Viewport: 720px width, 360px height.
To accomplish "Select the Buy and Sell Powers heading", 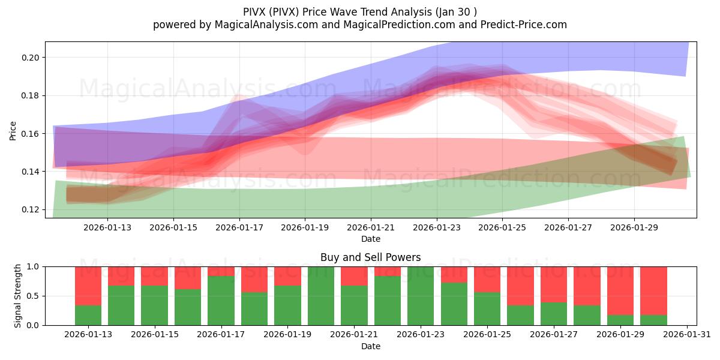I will tap(370, 257).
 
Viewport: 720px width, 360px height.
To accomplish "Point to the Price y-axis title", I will tap(13, 130).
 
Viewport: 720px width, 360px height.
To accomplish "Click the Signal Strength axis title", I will tap(18, 296).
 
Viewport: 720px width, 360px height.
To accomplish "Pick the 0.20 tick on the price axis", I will tap(30, 58).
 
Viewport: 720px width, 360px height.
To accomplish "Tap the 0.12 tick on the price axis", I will tap(30, 209).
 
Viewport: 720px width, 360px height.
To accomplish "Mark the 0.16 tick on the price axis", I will tap(30, 134).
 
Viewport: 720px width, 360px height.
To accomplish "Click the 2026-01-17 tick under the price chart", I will tap(239, 227).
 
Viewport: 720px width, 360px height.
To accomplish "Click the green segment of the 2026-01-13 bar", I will tap(88, 315).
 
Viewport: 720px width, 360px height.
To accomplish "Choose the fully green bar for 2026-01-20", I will tap(320, 296).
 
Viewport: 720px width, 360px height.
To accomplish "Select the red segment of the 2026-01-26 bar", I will tap(520, 286).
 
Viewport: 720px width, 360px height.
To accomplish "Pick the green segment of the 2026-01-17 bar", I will tap(221, 300).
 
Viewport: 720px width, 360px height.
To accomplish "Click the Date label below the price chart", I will tap(370, 239).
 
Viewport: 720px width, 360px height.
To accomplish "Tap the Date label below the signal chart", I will tap(370, 346).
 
